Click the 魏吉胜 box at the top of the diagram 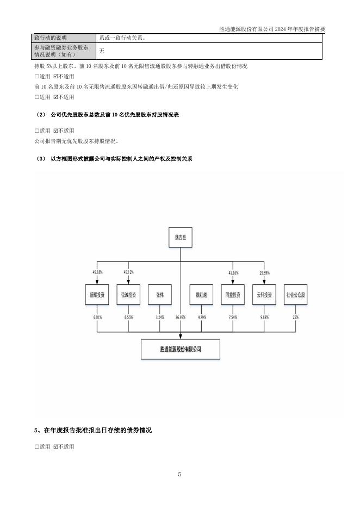coord(180,238)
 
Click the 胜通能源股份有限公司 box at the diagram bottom coord(180,349)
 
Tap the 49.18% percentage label coord(97,272)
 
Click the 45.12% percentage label coord(129,272)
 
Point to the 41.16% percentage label coord(233,272)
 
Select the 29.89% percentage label coord(265,272)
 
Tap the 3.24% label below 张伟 coord(160,316)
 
